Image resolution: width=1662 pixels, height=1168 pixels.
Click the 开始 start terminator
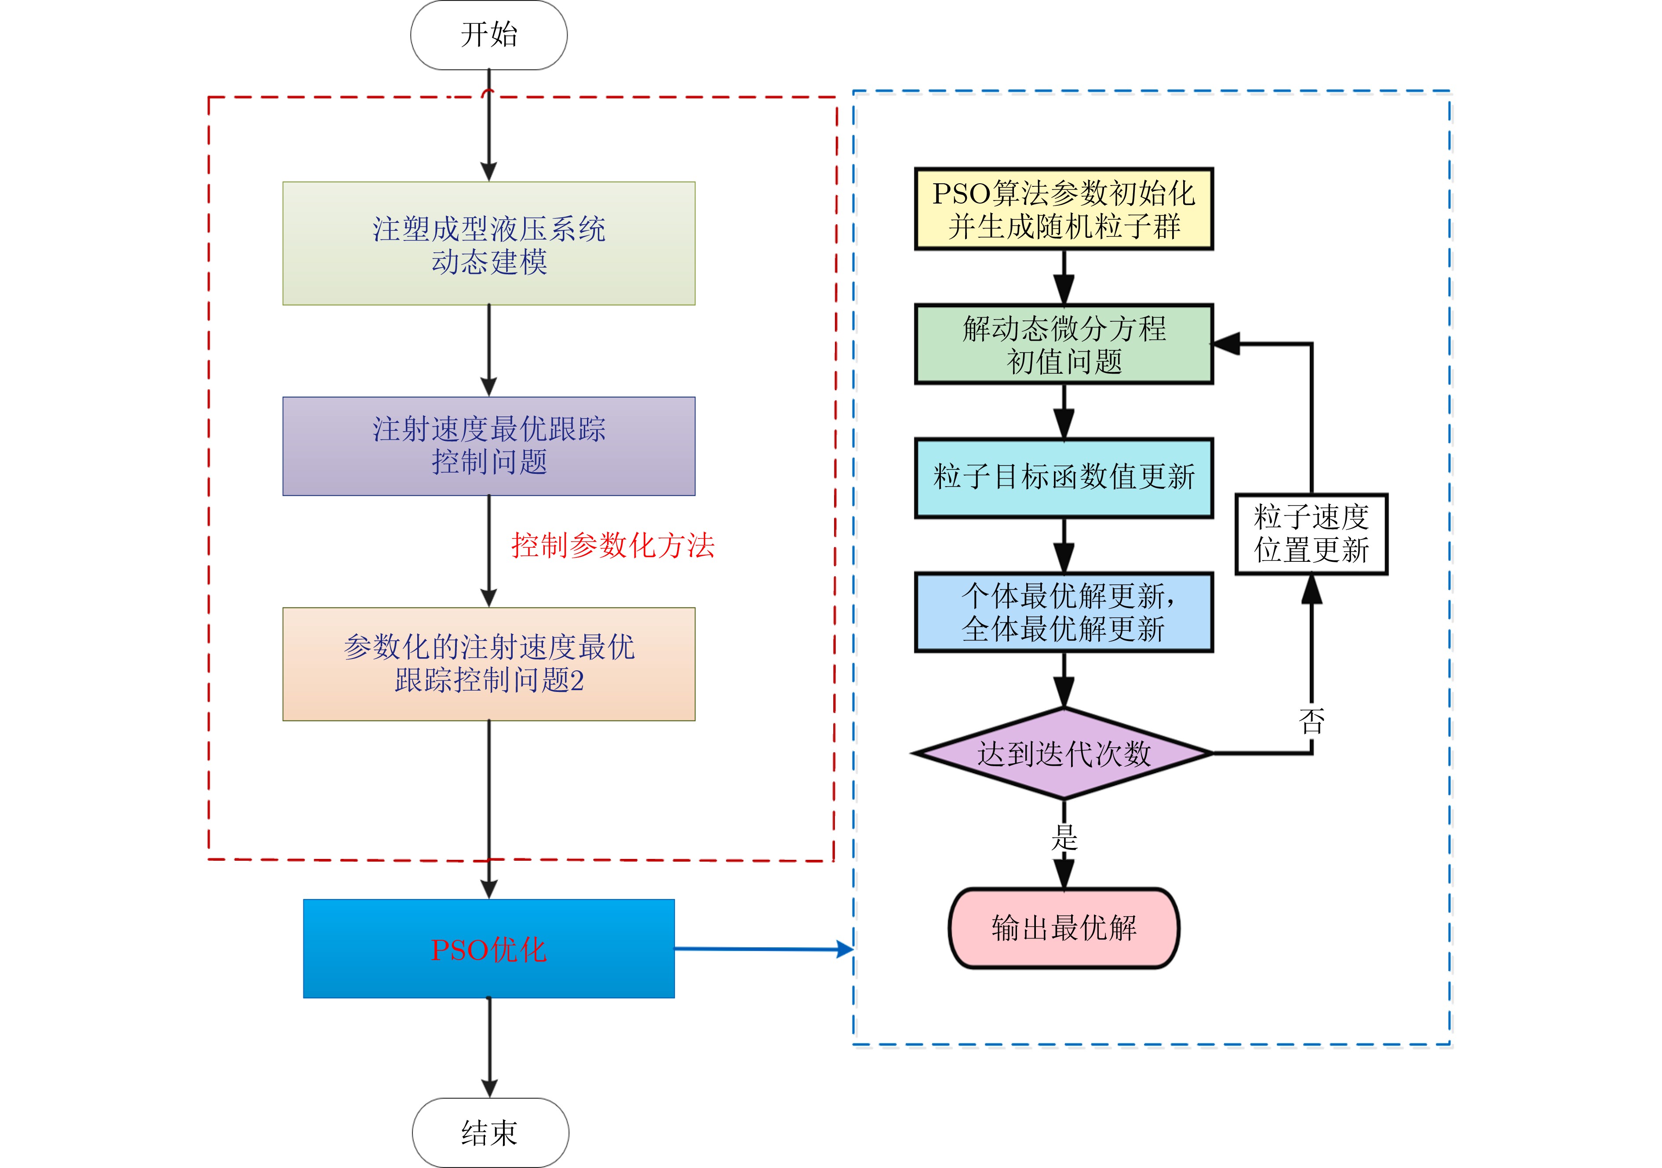point(488,35)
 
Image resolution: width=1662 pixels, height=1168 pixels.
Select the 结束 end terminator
point(490,1132)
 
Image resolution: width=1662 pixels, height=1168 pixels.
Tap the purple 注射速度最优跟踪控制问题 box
point(488,446)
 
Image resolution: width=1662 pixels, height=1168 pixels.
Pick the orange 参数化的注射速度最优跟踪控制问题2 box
point(488,664)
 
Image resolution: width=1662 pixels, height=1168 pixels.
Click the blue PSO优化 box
point(488,949)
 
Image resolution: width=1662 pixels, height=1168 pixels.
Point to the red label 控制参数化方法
point(613,545)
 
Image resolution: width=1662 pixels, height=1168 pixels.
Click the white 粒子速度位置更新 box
point(1311,534)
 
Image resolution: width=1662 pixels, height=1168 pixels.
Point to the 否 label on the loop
point(1312,721)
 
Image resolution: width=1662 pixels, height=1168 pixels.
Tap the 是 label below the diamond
point(1064,837)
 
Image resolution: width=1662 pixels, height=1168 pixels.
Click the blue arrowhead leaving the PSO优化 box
point(845,949)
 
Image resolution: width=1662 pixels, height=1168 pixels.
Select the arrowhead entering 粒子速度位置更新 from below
point(1312,589)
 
